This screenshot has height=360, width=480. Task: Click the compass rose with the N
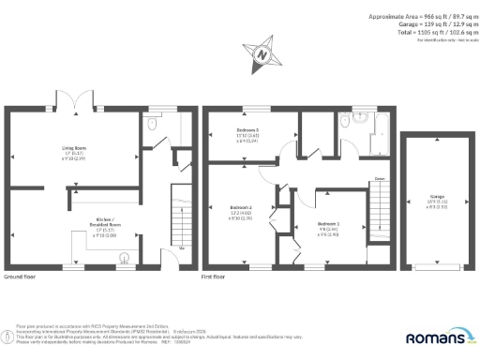(x=262, y=53)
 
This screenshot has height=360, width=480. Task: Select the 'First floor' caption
(x=214, y=278)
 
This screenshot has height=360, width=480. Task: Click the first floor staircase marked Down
(x=379, y=208)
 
